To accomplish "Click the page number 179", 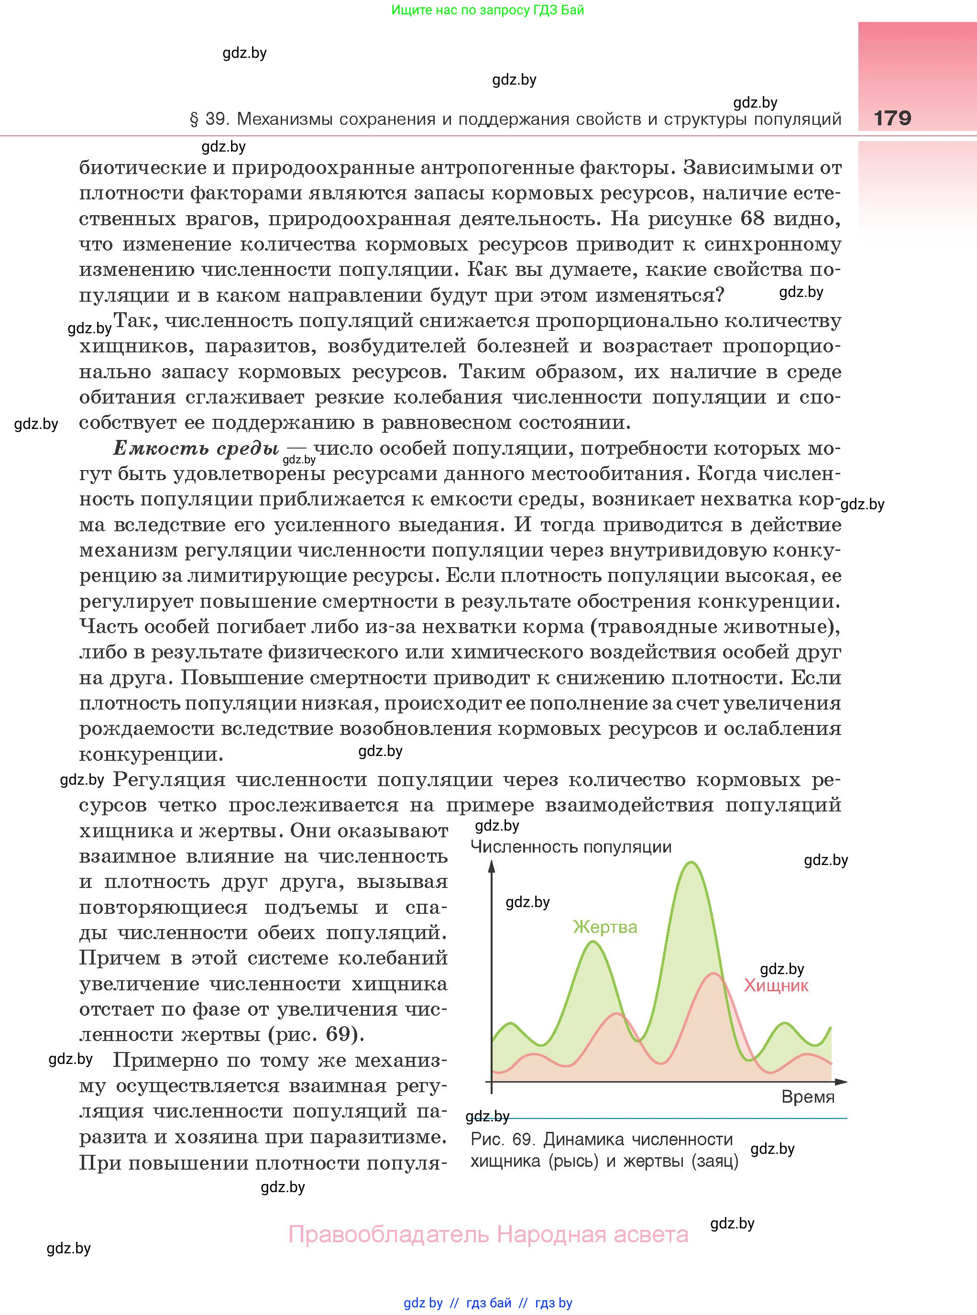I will pos(892,118).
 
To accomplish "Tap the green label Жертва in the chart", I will pos(605,927).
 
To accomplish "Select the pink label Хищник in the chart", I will pos(776,985).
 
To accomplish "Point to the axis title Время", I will pos(807,1097).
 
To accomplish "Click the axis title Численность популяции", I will pos(571,847).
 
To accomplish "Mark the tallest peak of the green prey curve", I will pos(690,863).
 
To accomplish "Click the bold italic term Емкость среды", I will pos(195,448).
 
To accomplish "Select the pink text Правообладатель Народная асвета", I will pos(488,1234).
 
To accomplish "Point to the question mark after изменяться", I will pos(719,295).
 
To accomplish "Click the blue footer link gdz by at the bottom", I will pos(423,1303).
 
